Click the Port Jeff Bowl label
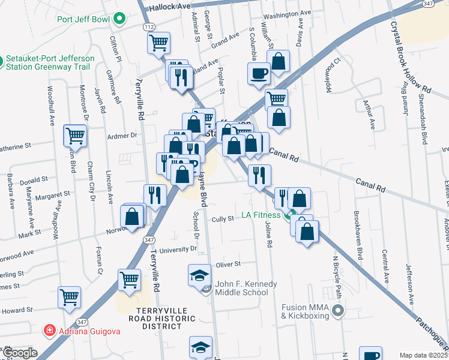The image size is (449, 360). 83,19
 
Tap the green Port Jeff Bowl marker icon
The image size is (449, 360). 119,19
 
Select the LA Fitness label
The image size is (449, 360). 261,215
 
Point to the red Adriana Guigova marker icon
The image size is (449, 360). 51,331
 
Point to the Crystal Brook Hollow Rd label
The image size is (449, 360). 412,57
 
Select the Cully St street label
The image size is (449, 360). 223,220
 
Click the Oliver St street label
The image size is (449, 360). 228,264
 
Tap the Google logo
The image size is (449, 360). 19,353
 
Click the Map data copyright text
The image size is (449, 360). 423,355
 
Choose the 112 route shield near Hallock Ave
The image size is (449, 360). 147,28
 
